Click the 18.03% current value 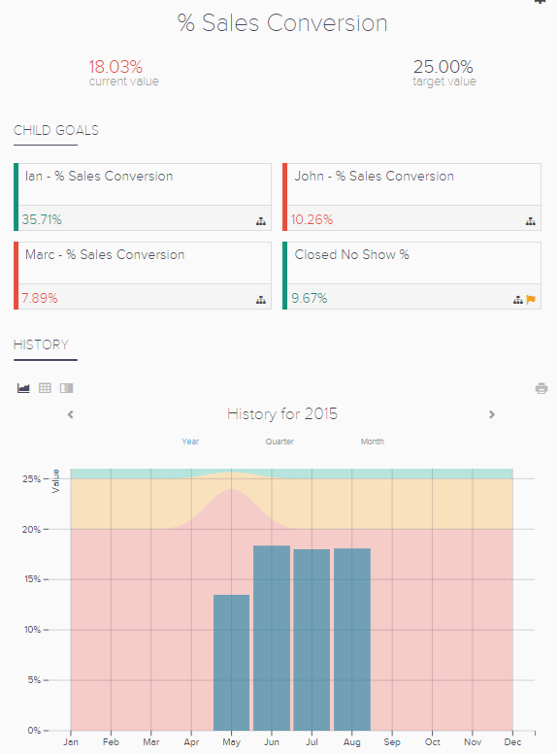tap(115, 67)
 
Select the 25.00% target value tap(442, 67)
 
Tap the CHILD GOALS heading tap(55, 130)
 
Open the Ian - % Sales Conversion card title tap(99, 177)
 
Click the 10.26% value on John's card tap(311, 219)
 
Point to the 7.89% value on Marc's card tap(40, 298)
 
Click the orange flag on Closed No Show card tap(531, 300)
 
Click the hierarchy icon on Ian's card tap(261, 221)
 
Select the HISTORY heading tap(41, 344)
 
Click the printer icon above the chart tap(541, 388)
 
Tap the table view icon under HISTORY tap(45, 388)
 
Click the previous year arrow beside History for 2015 tap(71, 414)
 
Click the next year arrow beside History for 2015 tap(492, 414)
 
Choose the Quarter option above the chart tap(279, 442)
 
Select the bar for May tap(231, 663)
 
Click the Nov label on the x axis tap(472, 742)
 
